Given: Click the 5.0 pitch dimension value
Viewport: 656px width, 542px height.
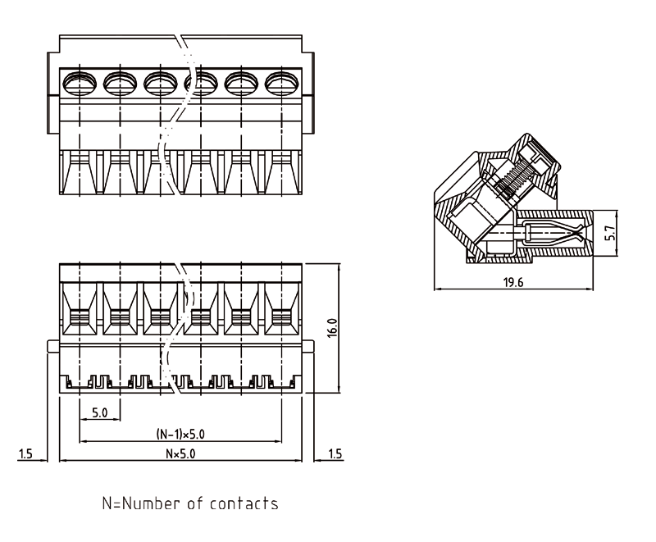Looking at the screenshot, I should [x=100, y=412].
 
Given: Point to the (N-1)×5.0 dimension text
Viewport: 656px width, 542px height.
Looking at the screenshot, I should [x=180, y=435].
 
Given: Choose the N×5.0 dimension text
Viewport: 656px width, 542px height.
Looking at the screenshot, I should [x=180, y=453].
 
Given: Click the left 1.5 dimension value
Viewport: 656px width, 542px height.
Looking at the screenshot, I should [x=27, y=453].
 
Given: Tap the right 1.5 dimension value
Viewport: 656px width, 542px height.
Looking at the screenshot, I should [x=335, y=453].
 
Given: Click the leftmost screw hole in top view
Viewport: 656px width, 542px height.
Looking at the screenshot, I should [x=80, y=80].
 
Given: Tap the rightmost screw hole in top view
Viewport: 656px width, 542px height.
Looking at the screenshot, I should [x=281, y=80].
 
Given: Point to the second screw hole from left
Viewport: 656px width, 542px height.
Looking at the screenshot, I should [x=120, y=80].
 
